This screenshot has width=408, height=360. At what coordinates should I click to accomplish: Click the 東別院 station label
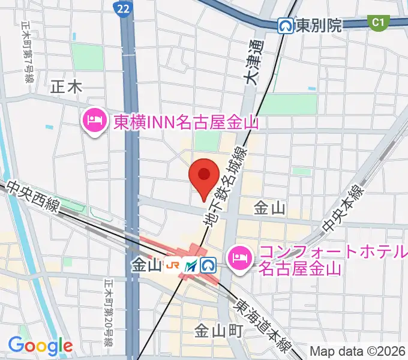(x=318, y=25)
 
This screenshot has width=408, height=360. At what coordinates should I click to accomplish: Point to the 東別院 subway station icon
(x=286, y=25)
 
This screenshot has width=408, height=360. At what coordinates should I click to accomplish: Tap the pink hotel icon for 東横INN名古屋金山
(x=95, y=122)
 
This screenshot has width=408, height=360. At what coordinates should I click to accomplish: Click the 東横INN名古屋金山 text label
(x=186, y=122)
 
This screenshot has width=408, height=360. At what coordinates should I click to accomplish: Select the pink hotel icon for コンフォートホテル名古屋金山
(x=241, y=259)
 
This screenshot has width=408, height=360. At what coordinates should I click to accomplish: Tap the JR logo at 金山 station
(x=173, y=265)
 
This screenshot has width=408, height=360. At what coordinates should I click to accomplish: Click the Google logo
(x=40, y=346)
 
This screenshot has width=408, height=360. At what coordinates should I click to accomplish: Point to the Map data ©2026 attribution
(x=358, y=351)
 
